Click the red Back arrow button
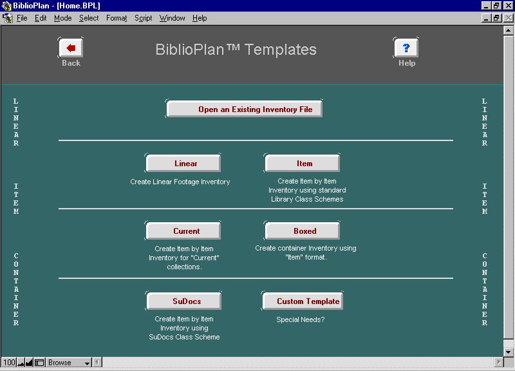71,48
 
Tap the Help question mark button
406,48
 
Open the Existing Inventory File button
245,109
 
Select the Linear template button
183,164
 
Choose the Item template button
302,164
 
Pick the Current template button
183,231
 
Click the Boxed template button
302,231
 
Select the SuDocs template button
184,301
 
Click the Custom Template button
303,301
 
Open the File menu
22,18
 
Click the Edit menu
41,18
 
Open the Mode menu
62,18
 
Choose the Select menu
89,18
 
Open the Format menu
117,18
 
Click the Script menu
143,18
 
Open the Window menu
172,18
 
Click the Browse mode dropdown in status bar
69,363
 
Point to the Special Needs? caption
300,319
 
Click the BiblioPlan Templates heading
236,50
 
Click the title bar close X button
509,6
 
